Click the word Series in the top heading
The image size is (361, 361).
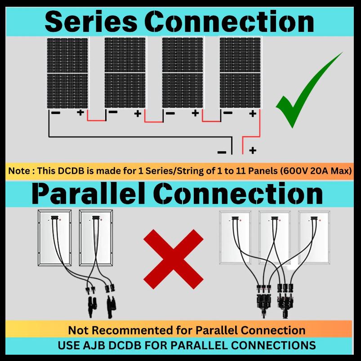[x=91, y=22]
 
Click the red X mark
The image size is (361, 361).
[x=174, y=259]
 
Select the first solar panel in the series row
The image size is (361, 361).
[x=67, y=73]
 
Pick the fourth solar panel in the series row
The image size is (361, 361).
[x=240, y=73]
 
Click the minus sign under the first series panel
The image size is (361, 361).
[x=56, y=113]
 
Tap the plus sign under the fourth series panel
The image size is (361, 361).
[x=253, y=114]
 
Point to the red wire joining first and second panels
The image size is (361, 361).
[x=96, y=120]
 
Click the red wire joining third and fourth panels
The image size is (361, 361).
[x=211, y=121]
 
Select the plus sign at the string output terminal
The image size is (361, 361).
[x=253, y=150]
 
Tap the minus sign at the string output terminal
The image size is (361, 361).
[x=222, y=152]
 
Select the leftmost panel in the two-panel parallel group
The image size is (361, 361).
[x=55, y=238]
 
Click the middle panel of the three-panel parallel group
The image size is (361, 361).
[x=274, y=237]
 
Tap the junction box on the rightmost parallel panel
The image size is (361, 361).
[x=314, y=218]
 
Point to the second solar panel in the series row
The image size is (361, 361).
[x=125, y=73]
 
